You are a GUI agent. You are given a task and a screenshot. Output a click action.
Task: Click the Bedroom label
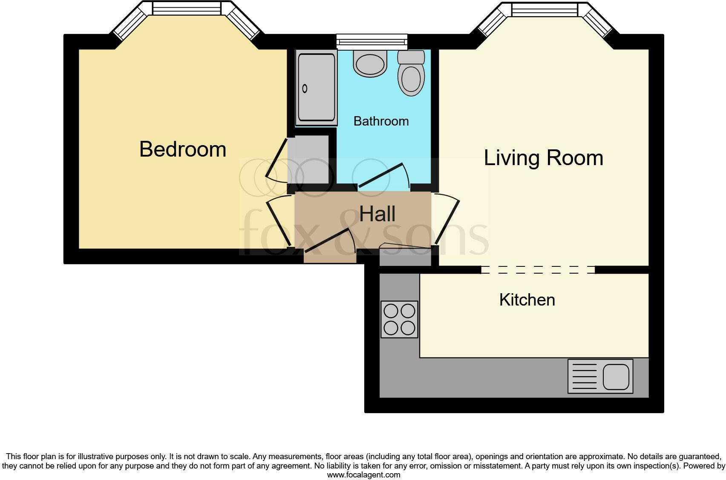182,149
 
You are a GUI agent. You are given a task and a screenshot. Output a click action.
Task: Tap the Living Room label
543,158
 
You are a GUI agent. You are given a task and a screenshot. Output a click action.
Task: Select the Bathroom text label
381,121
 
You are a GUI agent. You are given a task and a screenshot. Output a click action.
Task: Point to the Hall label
377,214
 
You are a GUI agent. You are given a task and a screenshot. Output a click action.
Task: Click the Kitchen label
527,300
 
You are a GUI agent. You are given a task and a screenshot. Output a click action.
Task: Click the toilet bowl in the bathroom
411,79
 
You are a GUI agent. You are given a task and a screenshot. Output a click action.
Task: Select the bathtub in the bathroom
316,88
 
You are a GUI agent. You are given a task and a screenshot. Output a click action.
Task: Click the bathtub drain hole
305,89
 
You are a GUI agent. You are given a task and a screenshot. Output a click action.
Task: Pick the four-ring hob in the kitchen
399,319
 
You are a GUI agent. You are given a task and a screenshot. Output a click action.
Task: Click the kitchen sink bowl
616,377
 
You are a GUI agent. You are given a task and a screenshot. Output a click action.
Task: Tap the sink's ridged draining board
585,377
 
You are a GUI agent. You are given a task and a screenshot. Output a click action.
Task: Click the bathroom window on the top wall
372,41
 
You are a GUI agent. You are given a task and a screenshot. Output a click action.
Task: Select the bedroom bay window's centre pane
187,9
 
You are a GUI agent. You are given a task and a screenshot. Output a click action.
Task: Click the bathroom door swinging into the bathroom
380,175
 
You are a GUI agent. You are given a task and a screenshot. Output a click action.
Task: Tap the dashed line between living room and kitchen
538,269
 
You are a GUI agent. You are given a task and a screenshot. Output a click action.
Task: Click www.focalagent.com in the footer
363,475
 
